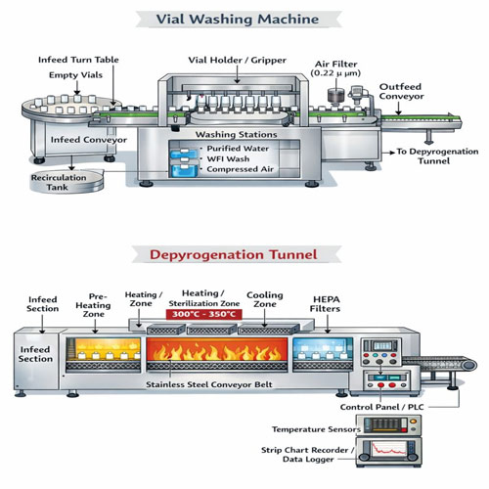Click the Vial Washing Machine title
[x=244, y=19]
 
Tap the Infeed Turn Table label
[x=79, y=60]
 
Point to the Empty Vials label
[x=67, y=75]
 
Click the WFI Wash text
[x=232, y=158]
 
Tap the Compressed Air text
[x=242, y=170]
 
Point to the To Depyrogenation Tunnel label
[x=436, y=156]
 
